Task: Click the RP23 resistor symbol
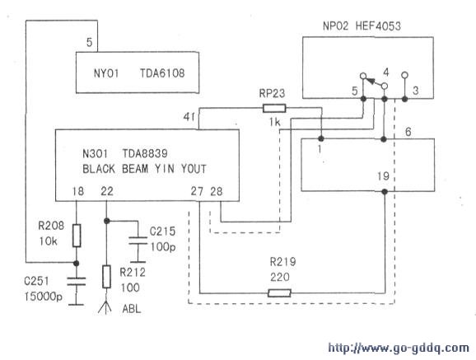tap(274, 108)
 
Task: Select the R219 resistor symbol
tap(280, 293)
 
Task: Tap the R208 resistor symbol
tap(77, 236)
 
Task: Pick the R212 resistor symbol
tap(106, 277)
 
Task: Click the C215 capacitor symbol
tap(138, 240)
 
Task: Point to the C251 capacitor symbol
tap(77, 281)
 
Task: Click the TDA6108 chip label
tap(162, 73)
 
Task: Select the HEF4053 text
tap(378, 26)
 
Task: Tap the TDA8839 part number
tap(145, 153)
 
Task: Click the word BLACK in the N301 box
tap(99, 169)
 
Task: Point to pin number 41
tap(189, 117)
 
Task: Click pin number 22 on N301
tap(107, 191)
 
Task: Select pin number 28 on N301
tap(217, 191)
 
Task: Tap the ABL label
tap(132, 309)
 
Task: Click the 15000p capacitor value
tap(44, 297)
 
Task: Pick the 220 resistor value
tap(280, 277)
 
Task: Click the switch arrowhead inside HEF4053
tap(371, 81)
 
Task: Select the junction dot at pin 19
tap(385, 192)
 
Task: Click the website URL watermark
tap(399, 348)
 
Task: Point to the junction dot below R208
tap(77, 263)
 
